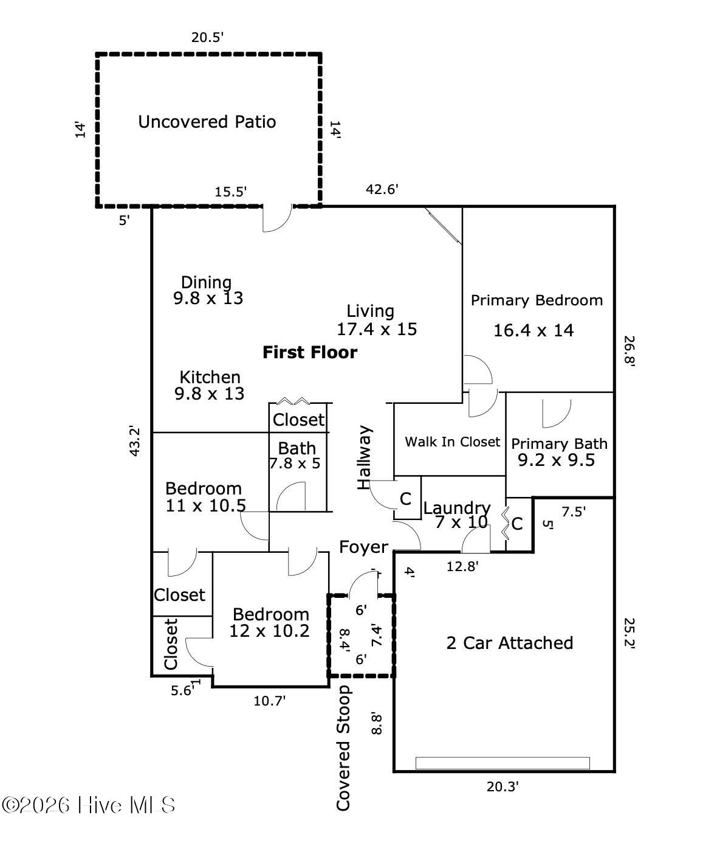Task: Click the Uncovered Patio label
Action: pyautogui.click(x=207, y=122)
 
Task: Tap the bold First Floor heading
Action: pyautogui.click(x=310, y=352)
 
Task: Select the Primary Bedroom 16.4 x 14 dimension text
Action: pyautogui.click(x=533, y=331)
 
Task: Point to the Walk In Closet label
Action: pyautogui.click(x=453, y=442)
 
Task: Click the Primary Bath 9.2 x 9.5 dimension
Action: pyautogui.click(x=556, y=460)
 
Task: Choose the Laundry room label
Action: pyautogui.click(x=457, y=508)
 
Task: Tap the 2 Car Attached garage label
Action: pyautogui.click(x=510, y=643)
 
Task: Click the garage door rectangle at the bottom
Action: pyautogui.click(x=503, y=763)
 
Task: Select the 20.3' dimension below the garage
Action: pyautogui.click(x=503, y=787)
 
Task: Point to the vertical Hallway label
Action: pyautogui.click(x=364, y=457)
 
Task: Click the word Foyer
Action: pyautogui.click(x=363, y=547)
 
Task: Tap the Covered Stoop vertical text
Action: pyautogui.click(x=344, y=748)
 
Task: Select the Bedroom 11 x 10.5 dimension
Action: pyautogui.click(x=206, y=505)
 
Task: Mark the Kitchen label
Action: pyautogui.click(x=210, y=377)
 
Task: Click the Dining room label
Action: pyautogui.click(x=207, y=282)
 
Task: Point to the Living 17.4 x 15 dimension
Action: pyautogui.click(x=377, y=330)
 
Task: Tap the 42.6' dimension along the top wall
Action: pyautogui.click(x=382, y=190)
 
